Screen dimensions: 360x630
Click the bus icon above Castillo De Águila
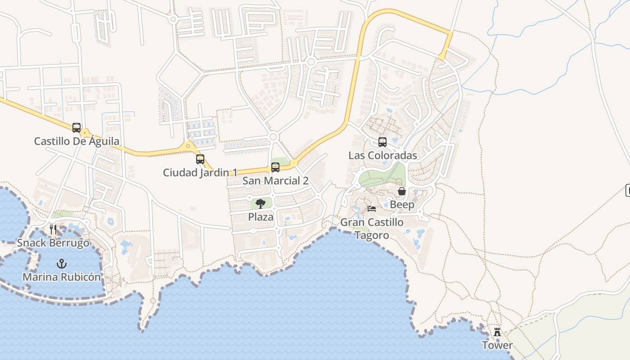click(x=76, y=128)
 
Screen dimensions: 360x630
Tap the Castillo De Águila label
click(x=77, y=141)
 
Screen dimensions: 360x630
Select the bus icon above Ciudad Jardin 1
click(x=200, y=159)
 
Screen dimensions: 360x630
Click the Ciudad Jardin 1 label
click(x=200, y=172)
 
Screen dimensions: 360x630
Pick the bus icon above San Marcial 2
click(x=275, y=167)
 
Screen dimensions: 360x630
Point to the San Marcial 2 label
click(x=275, y=181)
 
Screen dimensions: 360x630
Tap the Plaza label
click(x=261, y=217)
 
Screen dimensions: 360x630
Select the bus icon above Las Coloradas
click(x=382, y=142)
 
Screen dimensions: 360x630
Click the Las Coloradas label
click(x=383, y=156)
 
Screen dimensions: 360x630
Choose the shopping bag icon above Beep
click(x=402, y=192)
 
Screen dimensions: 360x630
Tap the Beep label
click(x=402, y=205)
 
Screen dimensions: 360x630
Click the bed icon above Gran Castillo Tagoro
click(x=372, y=209)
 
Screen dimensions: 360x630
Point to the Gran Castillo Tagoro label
click(x=372, y=229)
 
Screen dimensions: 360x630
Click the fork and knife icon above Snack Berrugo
click(x=53, y=229)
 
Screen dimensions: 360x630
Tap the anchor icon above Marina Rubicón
click(x=62, y=264)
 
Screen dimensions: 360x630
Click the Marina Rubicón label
click(x=62, y=277)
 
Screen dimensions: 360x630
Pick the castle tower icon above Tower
click(x=497, y=332)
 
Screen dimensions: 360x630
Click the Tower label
click(x=497, y=346)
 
